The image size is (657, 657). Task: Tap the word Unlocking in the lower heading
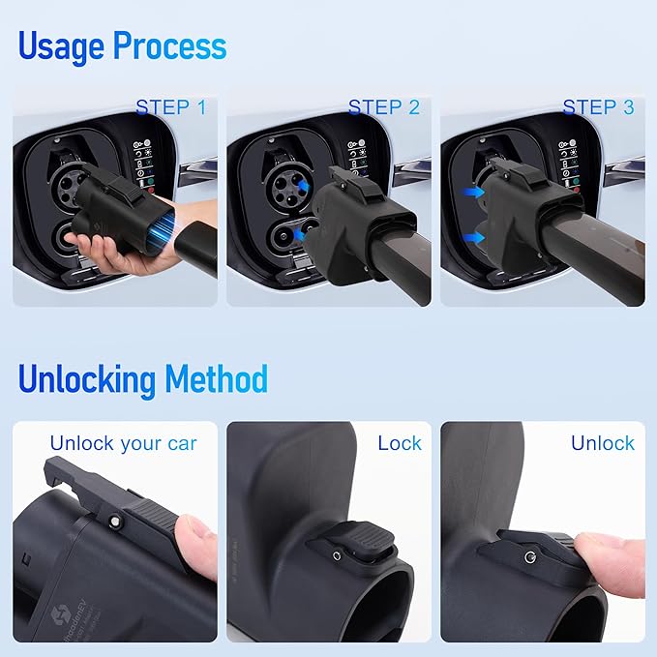click(x=87, y=378)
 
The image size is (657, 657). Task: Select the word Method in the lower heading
click(x=216, y=378)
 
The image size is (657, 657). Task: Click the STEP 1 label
click(x=170, y=107)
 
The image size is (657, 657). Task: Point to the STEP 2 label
click(x=384, y=107)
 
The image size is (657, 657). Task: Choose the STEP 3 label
click(x=598, y=107)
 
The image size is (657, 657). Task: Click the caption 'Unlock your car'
click(x=123, y=444)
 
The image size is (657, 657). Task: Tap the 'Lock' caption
click(x=399, y=443)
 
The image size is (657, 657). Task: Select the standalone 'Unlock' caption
click(x=602, y=443)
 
